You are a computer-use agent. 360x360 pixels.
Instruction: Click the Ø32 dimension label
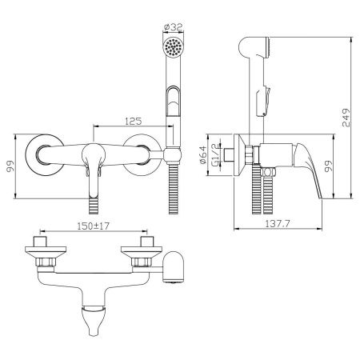coord(173,26)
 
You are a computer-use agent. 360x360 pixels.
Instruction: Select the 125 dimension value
coord(134,121)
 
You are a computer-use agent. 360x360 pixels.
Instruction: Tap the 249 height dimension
coord(346,118)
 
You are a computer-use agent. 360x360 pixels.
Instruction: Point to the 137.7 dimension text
coord(278,223)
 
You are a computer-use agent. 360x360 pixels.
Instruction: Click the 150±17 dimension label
coord(94,226)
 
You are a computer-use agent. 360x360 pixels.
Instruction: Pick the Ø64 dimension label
coord(202,154)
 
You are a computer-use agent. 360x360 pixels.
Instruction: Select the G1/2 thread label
coord(215,154)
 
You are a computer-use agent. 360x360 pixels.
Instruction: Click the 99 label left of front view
coord(10,166)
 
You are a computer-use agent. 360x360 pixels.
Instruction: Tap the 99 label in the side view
coord(328,166)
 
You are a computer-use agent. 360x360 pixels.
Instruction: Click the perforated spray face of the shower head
coord(174,47)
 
